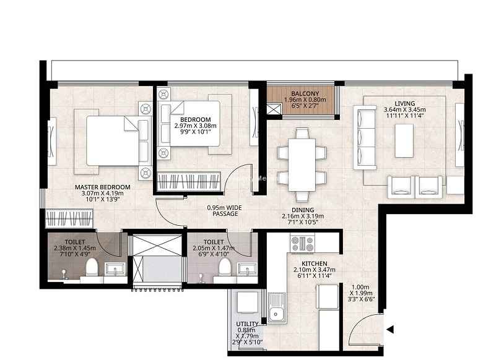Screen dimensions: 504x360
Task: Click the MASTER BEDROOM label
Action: pyautogui.click(x=103, y=187)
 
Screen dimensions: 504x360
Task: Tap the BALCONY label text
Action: pyautogui.click(x=305, y=94)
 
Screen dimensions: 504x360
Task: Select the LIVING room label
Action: pyautogui.click(x=405, y=103)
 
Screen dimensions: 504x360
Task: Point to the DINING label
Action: pyautogui.click(x=303, y=210)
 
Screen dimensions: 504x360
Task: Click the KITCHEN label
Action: pyautogui.click(x=315, y=264)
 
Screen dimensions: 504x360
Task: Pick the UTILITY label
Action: pyautogui.click(x=247, y=324)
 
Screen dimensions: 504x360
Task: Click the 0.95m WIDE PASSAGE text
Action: pyautogui.click(x=225, y=211)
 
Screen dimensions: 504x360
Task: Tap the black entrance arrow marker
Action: pyautogui.click(x=390, y=330)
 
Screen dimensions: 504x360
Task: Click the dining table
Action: pyautogui.click(x=302, y=165)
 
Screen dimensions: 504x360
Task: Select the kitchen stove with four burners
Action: pyautogui.click(x=303, y=244)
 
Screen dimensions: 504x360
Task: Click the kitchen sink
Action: pyautogui.click(x=276, y=308)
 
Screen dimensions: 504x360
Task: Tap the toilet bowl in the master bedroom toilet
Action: pyautogui.click(x=92, y=267)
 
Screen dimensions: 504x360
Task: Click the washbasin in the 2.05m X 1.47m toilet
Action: pyautogui.click(x=247, y=269)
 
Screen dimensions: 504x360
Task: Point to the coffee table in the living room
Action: pyautogui.click(x=404, y=140)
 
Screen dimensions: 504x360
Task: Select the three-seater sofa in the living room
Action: pyautogui.click(x=365, y=137)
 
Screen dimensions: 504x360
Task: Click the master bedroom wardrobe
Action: pyautogui.click(x=69, y=218)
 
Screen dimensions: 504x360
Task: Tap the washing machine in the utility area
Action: pyautogui.click(x=247, y=302)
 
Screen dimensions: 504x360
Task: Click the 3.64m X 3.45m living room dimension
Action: pyautogui.click(x=405, y=109)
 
